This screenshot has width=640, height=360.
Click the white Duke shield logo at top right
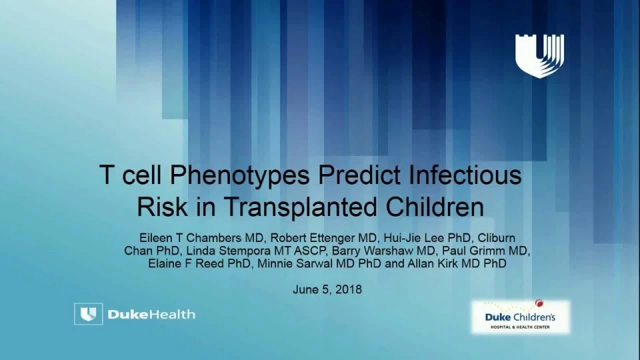coord(539,56)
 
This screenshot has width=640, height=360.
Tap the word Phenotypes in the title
coord(239,175)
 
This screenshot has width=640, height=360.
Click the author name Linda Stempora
coord(228,251)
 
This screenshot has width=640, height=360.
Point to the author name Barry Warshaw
coord(371,251)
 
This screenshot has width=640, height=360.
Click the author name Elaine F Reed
coord(186,264)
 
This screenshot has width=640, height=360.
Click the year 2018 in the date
coord(349,290)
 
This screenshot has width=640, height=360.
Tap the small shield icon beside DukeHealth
coord(89,314)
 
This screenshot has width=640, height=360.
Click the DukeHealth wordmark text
coord(151,314)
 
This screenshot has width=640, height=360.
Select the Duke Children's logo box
coord(521,317)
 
